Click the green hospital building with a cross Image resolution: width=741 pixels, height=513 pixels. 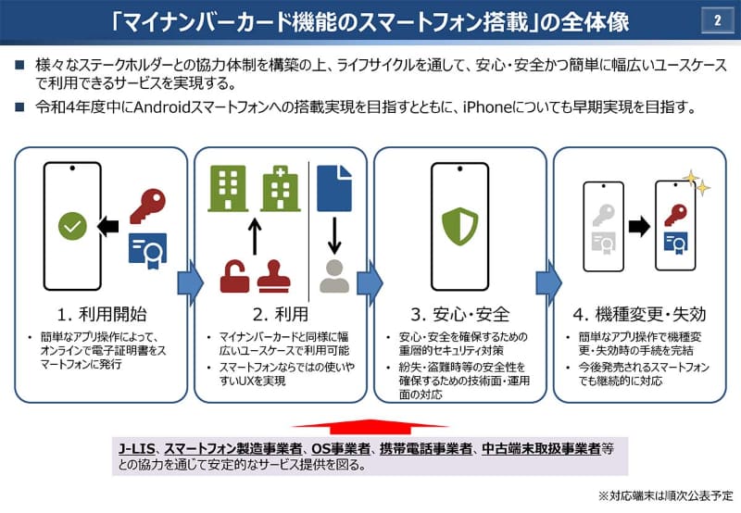click(x=275, y=188)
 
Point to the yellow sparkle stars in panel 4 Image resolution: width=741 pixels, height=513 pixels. click(x=696, y=183)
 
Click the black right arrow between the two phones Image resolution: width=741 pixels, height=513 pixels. click(x=638, y=225)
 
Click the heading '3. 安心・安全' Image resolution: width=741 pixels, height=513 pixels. click(x=460, y=312)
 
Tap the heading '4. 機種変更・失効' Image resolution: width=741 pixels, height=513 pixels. click(x=639, y=312)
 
